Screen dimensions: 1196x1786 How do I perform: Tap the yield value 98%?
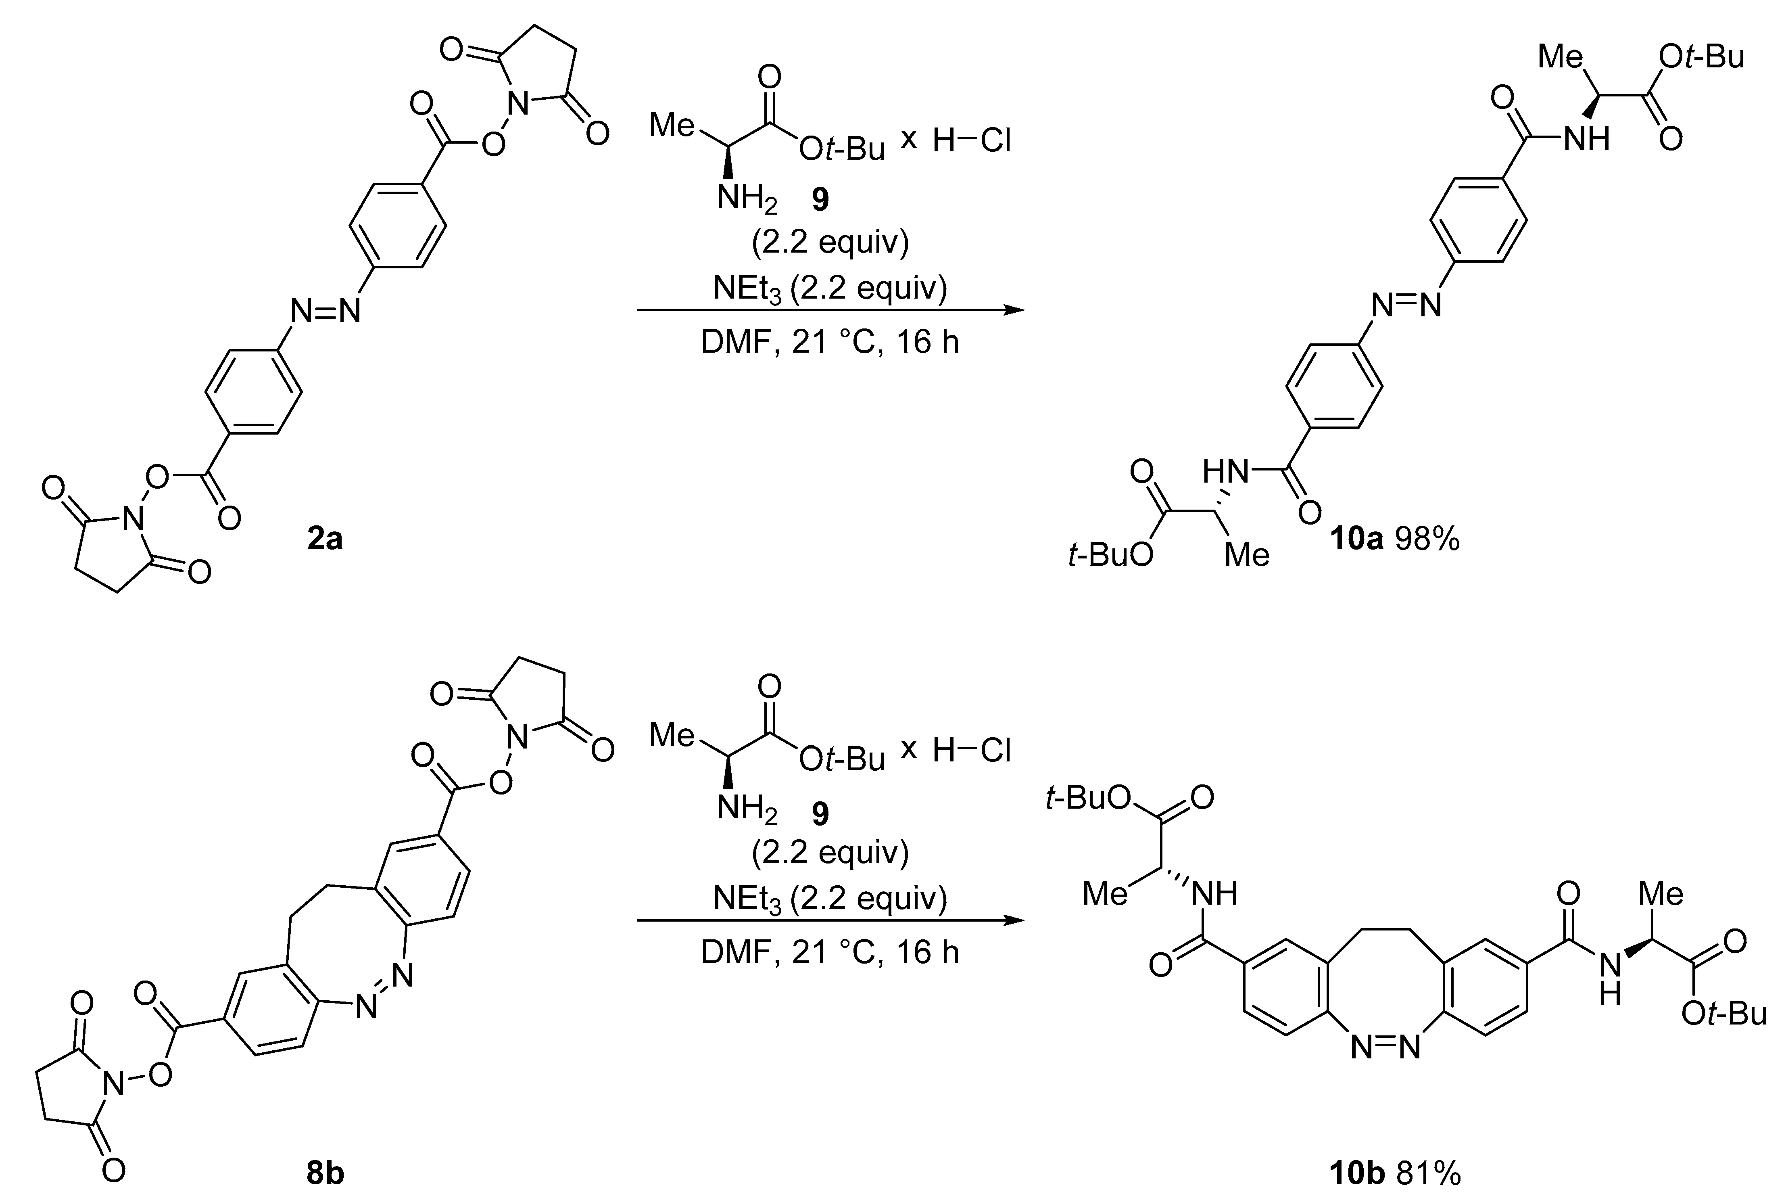pyautogui.click(x=1428, y=539)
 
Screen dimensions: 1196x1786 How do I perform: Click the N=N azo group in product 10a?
pyautogui.click(x=1406, y=305)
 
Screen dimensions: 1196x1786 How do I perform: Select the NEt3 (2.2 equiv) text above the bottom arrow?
pyautogui.click(x=829, y=899)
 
